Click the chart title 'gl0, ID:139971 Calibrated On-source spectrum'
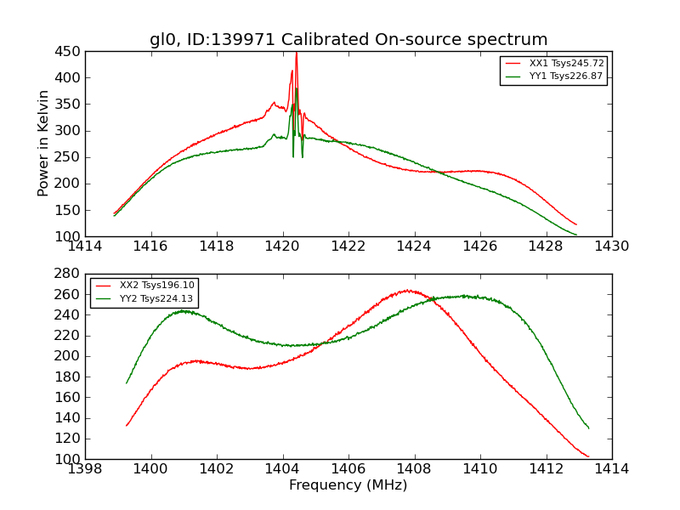(x=348, y=40)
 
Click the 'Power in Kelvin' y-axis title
(x=43, y=144)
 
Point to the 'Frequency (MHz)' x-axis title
(x=348, y=485)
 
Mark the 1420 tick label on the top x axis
(x=282, y=246)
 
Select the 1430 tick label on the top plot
(x=612, y=246)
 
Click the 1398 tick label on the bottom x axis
(x=85, y=469)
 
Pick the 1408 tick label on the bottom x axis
(x=414, y=469)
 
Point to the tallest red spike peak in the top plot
(x=296, y=53)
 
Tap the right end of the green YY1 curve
(x=576, y=235)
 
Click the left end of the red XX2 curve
(x=127, y=425)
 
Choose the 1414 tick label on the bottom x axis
(x=612, y=469)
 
